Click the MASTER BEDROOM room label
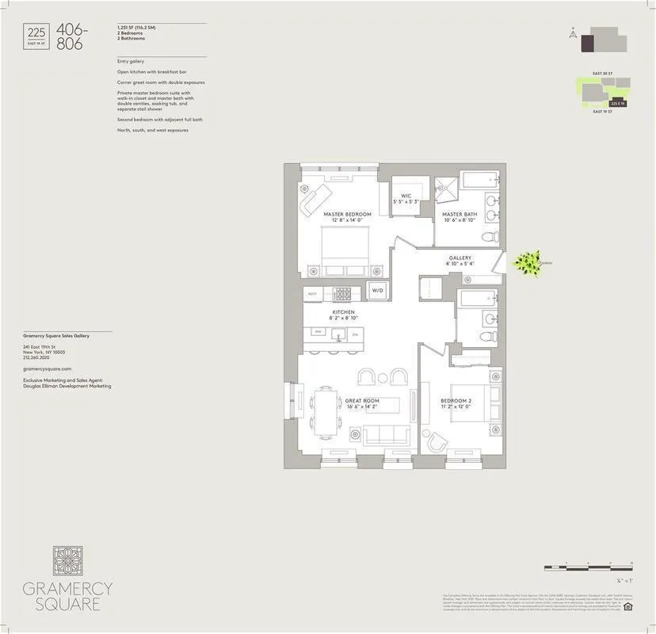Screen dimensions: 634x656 coord(347,214)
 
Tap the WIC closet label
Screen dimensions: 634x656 coord(406,196)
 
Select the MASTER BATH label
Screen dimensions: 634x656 coord(459,214)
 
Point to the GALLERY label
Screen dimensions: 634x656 coord(460,258)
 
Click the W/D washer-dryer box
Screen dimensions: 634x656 coord(376,291)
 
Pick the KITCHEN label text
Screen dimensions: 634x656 coord(342,313)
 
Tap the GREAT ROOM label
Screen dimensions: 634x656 coord(361,401)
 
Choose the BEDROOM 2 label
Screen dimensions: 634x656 coord(456,401)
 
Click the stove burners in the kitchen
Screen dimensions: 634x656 coord(344,293)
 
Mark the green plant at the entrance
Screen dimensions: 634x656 coord(524,263)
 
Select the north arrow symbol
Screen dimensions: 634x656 coord(571,34)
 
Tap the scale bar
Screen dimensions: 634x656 coord(588,568)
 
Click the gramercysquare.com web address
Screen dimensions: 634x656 coord(48,369)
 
